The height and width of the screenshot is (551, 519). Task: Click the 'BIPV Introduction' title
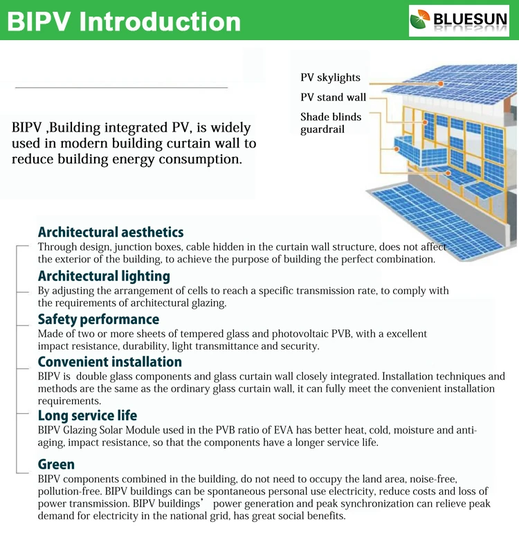[x=125, y=21]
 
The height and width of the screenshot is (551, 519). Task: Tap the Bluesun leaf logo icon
[x=420, y=21]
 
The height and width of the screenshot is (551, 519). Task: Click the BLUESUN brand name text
[x=470, y=20]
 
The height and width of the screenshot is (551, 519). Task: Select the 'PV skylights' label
[x=330, y=78]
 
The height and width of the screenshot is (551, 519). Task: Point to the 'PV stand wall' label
[x=333, y=98]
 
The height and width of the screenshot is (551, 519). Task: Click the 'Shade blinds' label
[x=331, y=117]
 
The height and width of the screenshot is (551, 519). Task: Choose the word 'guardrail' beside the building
[x=322, y=129]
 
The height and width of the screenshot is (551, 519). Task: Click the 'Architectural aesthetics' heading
[x=111, y=232]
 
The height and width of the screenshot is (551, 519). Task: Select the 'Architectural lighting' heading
[x=104, y=276]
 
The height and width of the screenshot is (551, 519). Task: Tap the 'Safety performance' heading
[x=98, y=319]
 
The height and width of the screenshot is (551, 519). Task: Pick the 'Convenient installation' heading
[x=110, y=362]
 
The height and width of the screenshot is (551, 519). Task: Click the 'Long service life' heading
[x=87, y=416]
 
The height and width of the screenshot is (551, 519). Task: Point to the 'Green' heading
[x=56, y=464]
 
